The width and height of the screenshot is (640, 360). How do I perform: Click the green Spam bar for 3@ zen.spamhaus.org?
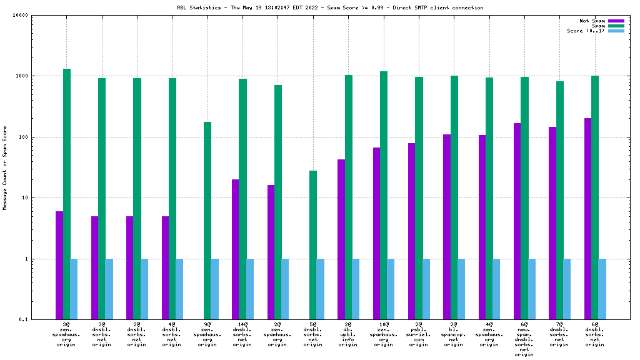pyautogui.click(x=67, y=194)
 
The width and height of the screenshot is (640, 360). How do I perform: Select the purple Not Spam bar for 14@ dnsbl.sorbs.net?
pyautogui.click(x=235, y=249)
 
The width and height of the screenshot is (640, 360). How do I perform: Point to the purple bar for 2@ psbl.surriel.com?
pyautogui.click(x=411, y=231)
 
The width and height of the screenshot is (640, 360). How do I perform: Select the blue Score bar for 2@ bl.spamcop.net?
pyautogui.click(x=461, y=289)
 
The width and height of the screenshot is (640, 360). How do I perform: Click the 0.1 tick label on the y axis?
pyautogui.click(x=43, y=320)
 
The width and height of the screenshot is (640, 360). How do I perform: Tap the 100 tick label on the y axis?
pyautogui.click(x=42, y=137)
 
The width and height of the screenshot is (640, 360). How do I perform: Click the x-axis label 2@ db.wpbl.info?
pyautogui.click(x=348, y=334)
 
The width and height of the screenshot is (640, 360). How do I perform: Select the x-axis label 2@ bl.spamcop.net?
pyautogui.click(x=454, y=334)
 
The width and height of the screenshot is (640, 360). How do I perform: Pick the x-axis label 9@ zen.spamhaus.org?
pyautogui.click(x=207, y=334)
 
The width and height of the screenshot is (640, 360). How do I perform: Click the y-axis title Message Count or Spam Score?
pyautogui.click(x=5, y=167)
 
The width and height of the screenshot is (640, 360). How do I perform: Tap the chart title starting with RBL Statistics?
pyautogui.click(x=330, y=7)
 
